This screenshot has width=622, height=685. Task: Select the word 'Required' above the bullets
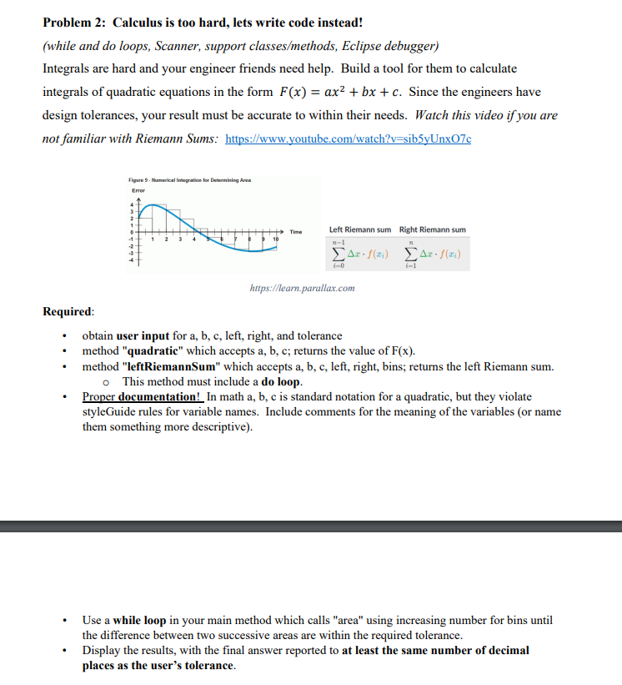coord(68,312)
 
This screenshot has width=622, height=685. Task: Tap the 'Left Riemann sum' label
coord(359,229)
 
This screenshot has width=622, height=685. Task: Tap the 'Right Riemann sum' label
coord(433,229)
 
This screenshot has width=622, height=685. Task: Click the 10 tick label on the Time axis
coord(273,239)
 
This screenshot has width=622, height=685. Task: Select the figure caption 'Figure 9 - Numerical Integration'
coord(189,179)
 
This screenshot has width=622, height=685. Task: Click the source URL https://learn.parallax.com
coord(302,289)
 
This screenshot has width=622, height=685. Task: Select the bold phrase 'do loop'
coord(282,381)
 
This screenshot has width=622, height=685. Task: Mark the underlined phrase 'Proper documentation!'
coord(143,396)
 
